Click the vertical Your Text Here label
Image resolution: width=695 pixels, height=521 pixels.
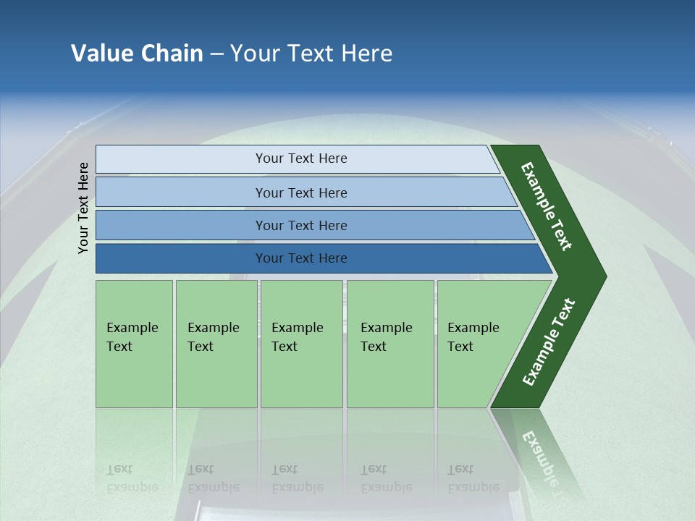(83, 208)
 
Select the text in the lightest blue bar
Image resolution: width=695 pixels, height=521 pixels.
(301, 158)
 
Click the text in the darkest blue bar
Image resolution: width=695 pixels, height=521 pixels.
(301, 258)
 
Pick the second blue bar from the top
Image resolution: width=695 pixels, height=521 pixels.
(301, 192)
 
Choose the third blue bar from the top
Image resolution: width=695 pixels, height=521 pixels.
(301, 225)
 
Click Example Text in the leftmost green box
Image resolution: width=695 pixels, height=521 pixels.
(132, 337)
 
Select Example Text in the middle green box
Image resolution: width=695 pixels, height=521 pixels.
(297, 337)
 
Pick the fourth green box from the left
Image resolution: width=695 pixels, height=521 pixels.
(389, 344)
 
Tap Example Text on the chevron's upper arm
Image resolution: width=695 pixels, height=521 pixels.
(547, 206)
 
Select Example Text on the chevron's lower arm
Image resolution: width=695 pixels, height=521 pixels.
(548, 342)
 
